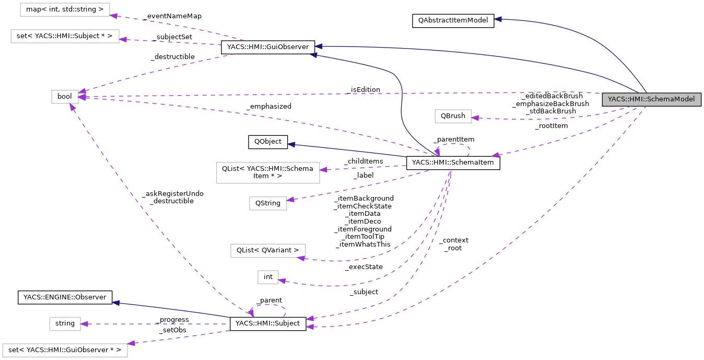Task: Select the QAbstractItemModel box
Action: click(x=452, y=21)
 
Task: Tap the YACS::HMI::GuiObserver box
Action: click(x=268, y=47)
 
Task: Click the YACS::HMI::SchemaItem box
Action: click(x=453, y=164)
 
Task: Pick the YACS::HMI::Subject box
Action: click(x=268, y=323)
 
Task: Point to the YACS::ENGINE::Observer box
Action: click(x=65, y=297)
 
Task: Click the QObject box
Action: click(x=267, y=142)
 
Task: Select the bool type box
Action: click(x=65, y=97)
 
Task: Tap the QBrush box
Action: click(x=453, y=116)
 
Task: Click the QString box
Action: click(x=268, y=203)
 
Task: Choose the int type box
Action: click(x=268, y=277)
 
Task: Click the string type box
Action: click(x=65, y=323)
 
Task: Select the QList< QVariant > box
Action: click(x=268, y=250)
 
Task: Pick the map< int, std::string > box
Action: click(x=65, y=9)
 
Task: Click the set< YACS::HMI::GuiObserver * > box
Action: click(x=65, y=350)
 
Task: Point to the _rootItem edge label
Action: click(x=551, y=125)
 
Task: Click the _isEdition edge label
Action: click(x=362, y=90)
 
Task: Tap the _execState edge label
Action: click(x=363, y=267)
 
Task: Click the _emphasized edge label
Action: click(x=269, y=106)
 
